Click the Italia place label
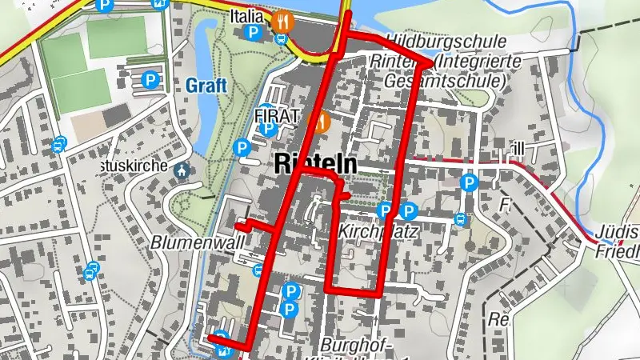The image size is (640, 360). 246,17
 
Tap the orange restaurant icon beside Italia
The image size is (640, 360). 281,21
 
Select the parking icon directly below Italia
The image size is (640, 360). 253,34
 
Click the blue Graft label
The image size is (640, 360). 206,85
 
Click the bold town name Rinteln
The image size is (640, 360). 314,163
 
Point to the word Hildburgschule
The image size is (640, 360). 446,41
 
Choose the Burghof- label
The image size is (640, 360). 362,345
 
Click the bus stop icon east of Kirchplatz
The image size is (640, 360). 460,219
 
